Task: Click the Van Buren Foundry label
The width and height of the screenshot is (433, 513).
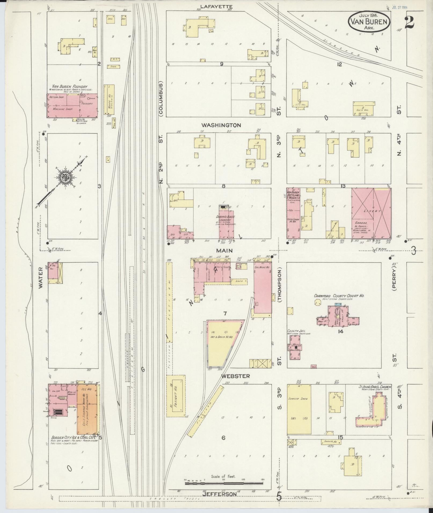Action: pyautogui.click(x=68, y=87)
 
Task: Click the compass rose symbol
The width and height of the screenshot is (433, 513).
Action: pyautogui.click(x=65, y=178)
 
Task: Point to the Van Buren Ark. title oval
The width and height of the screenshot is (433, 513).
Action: pyautogui.click(x=369, y=22)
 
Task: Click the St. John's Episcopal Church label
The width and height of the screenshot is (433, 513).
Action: pyautogui.click(x=375, y=387)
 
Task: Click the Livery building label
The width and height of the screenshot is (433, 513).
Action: pyautogui.click(x=372, y=211)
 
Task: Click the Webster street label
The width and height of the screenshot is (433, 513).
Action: pyautogui.click(x=235, y=376)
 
